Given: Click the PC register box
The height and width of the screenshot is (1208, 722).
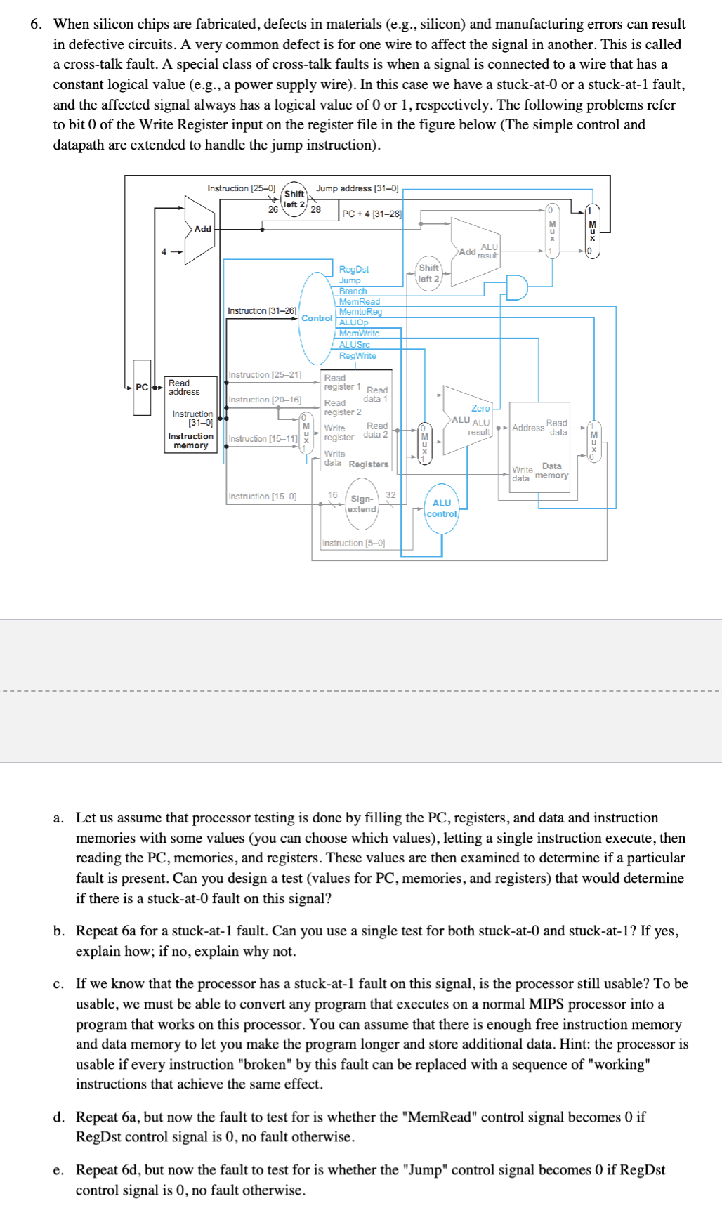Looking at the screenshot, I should coord(142,388).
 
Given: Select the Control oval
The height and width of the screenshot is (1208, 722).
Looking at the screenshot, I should coord(316,318).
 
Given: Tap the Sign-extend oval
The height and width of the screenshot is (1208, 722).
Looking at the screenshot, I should coord(362,504).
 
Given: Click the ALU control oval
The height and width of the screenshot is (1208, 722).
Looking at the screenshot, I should coord(442,508).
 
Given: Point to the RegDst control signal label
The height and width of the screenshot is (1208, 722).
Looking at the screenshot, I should coord(353,269).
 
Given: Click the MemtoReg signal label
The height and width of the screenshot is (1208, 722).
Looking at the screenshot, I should coord(360,312).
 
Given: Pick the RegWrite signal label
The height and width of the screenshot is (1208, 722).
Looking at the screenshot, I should coord(357,356).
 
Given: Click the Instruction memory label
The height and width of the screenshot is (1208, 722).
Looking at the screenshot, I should coord(190,441).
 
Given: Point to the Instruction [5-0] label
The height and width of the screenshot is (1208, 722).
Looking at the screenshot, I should coord(353,543).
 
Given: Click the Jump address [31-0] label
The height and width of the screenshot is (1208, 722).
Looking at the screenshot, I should coord(357,188).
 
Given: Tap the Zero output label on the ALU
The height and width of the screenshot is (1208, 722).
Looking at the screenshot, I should coord(480,408).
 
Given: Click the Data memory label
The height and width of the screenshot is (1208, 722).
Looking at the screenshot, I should coord(552,471).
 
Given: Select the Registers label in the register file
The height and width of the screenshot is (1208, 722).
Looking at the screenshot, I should coord(368,464).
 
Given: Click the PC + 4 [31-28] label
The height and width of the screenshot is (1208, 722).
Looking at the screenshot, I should coord(372,214).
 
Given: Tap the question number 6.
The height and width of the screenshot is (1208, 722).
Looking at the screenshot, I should coord(36,25).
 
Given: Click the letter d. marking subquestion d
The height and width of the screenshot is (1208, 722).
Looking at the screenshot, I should coord(59,1117).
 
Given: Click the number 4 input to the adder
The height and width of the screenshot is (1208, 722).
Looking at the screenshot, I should coord(164,251).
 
